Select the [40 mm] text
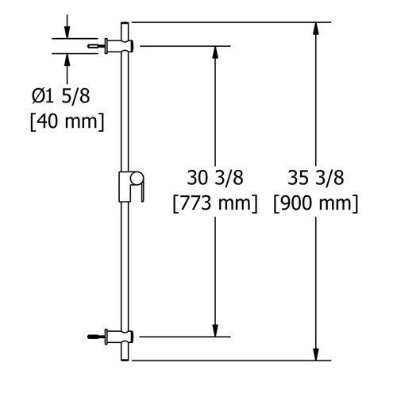click(67, 123)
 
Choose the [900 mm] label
click(315, 203)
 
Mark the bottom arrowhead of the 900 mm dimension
click(318, 355)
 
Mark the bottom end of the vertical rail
click(125, 359)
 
